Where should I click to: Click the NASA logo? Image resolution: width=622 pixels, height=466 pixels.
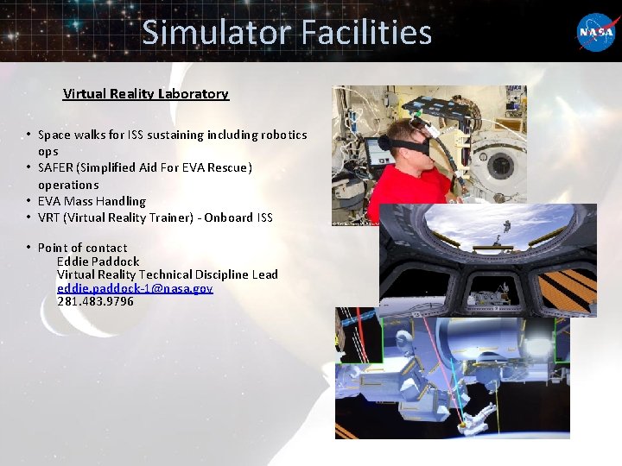click(597, 32)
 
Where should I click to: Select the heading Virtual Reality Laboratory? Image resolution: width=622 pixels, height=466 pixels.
click(146, 94)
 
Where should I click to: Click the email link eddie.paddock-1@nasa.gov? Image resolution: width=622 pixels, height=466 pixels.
click(135, 288)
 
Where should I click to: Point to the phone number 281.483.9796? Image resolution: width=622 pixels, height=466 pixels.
click(95, 302)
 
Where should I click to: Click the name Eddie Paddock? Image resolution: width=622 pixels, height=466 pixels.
click(98, 261)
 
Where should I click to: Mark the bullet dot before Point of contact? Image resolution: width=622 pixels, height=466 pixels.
click(29, 248)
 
